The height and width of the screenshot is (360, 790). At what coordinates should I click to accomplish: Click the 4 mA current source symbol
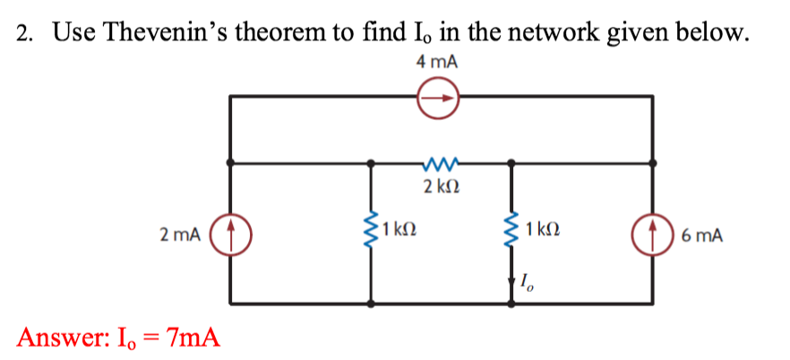438,96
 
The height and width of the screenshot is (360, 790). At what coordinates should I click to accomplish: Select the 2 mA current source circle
230,236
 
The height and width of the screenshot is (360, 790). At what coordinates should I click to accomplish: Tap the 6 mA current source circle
650,236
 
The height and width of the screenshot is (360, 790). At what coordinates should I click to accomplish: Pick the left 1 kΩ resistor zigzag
371,235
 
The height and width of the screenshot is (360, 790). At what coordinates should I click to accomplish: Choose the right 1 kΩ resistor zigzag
512,235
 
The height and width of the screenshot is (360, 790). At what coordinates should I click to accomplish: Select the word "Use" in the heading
72,32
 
